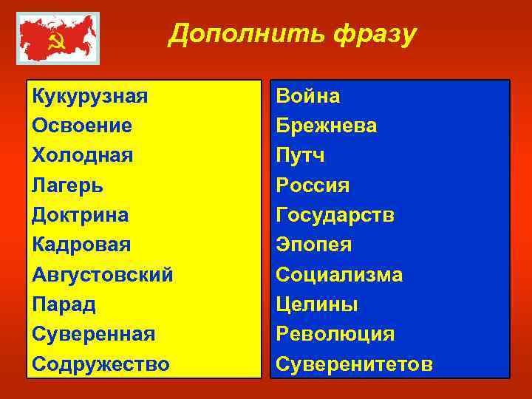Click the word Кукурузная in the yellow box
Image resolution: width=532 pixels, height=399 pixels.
pos(89,96)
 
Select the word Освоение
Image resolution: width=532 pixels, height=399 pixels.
pos(82,126)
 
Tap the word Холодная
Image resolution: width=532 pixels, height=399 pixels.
pos(82,155)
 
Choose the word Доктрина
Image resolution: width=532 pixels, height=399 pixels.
pos(80,215)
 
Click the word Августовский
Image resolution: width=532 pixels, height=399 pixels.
pos(103,275)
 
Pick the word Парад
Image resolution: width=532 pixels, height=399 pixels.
pos(64,304)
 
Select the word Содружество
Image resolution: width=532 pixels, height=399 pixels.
pos(100,364)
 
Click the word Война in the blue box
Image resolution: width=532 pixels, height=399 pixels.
pos(307,96)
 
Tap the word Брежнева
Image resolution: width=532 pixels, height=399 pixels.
pos(326,126)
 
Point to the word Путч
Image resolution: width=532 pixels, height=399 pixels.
pos(300,155)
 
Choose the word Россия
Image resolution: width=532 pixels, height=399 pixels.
pos(313,185)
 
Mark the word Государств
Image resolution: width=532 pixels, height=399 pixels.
pos(335,215)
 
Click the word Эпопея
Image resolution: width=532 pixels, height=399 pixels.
pos(313,245)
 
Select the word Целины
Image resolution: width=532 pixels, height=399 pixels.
pos(316,304)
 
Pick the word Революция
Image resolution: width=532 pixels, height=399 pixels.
pos(335,334)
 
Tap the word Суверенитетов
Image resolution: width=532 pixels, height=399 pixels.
pos(354,364)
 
